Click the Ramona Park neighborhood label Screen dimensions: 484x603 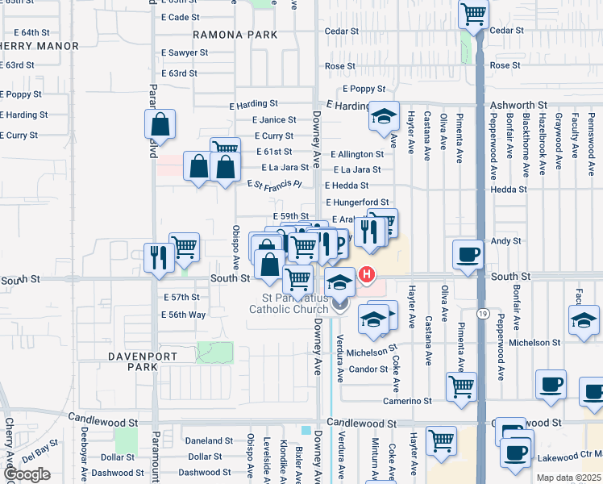coord(235,35)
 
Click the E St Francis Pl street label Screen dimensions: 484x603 coord(274,184)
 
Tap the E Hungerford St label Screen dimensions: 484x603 coord(357,202)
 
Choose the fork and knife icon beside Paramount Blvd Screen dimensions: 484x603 coord(157,257)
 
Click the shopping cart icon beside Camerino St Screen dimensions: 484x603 coord(461,386)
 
